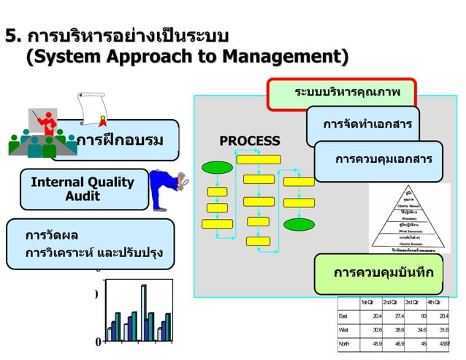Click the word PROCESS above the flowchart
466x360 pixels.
pyautogui.click(x=250, y=141)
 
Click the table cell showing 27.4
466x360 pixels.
pyautogui.click(x=394, y=316)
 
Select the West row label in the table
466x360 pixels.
pyautogui.click(x=344, y=329)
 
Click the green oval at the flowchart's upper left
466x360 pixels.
pyautogui.click(x=216, y=167)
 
